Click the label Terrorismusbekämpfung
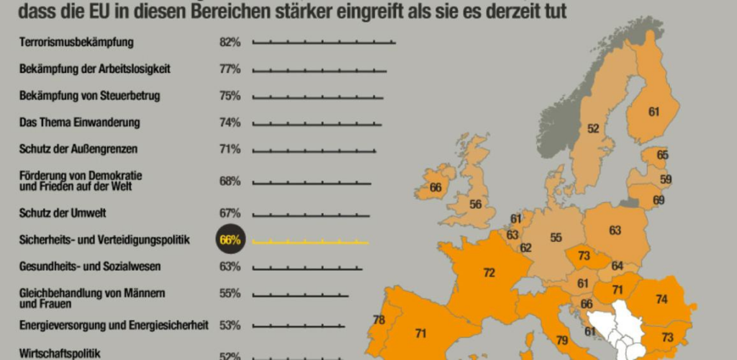click(76, 42)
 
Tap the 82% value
click(230, 42)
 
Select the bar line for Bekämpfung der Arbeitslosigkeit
click(319, 71)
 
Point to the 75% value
click(230, 96)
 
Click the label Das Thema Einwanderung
click(79, 122)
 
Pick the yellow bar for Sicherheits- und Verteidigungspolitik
click(310, 242)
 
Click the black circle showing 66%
click(230, 240)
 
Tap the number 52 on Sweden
click(593, 129)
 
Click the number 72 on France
click(489, 273)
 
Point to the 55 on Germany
click(556, 238)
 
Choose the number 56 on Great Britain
click(475, 204)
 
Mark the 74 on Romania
click(661, 300)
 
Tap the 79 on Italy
click(562, 340)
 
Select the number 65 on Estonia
click(662, 155)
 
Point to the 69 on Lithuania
click(659, 199)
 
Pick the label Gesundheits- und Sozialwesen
click(89, 266)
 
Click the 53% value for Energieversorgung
click(230, 325)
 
